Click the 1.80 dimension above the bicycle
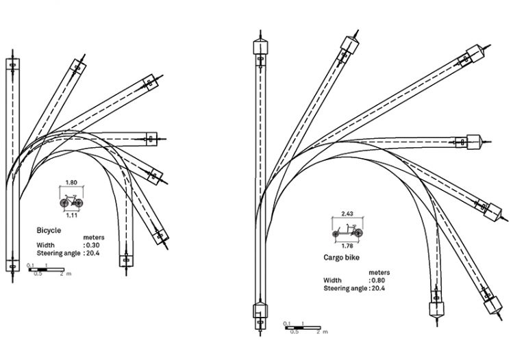pos(71,183)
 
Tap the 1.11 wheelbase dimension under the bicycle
pos(71,216)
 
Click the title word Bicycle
pos(49,231)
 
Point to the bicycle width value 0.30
pos(94,244)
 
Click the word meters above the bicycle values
pos(92,237)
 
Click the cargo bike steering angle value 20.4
pos(381,289)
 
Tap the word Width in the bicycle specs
pos(45,244)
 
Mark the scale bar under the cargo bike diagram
pos(301,327)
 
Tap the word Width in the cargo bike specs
pos(332,281)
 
